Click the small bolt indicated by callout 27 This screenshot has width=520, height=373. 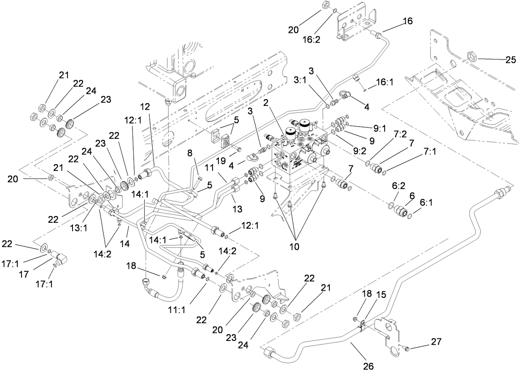click(405, 348)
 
